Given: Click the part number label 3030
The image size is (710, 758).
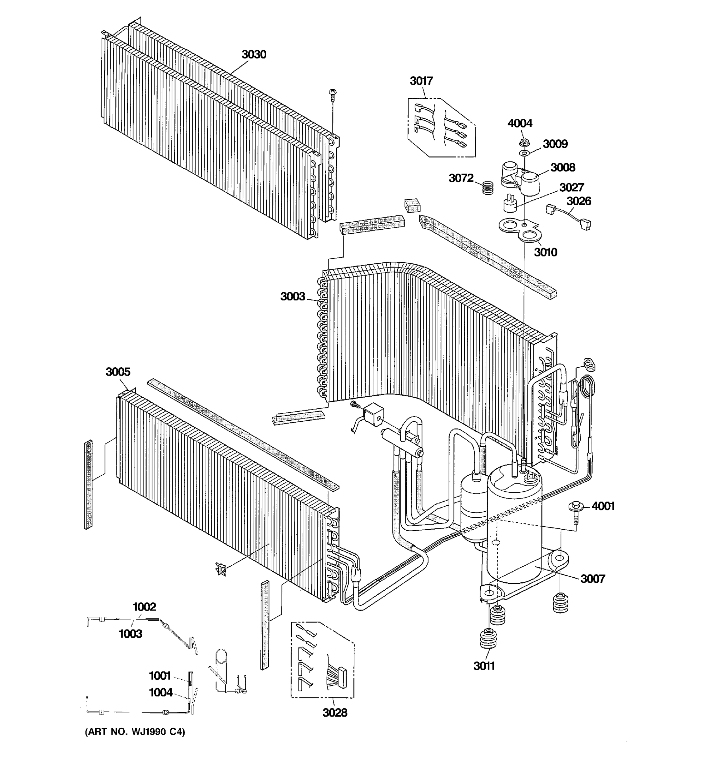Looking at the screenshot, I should click(x=254, y=55).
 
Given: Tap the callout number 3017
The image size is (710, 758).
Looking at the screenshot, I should click(x=421, y=81).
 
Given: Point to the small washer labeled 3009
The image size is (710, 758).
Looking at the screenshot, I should click(x=524, y=153).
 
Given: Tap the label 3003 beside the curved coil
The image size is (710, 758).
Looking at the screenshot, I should click(x=293, y=296).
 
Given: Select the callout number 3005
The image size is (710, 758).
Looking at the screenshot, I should click(x=118, y=371).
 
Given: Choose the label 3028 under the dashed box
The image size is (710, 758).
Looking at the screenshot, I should click(x=335, y=713).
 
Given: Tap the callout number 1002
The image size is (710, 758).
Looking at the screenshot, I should click(x=144, y=607).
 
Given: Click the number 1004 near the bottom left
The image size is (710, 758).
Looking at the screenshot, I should click(x=160, y=692).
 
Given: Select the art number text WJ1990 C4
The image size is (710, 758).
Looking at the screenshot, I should click(x=135, y=732).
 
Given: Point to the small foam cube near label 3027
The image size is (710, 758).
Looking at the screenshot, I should click(x=412, y=205).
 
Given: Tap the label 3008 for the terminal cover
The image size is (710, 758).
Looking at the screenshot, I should click(x=563, y=167).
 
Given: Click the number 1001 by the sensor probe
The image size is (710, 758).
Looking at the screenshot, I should click(x=160, y=676).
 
